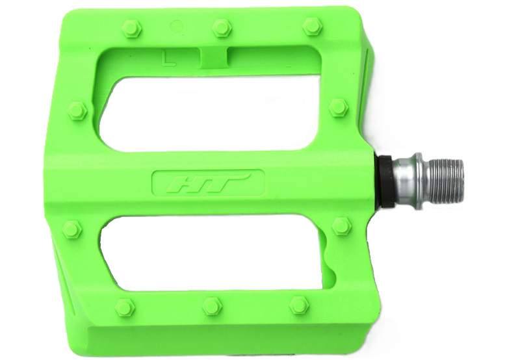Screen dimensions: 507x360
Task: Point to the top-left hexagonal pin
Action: click(x=131, y=27)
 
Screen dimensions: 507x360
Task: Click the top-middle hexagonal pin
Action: click(x=220, y=27)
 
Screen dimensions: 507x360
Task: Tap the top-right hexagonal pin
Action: click(x=312, y=27)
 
